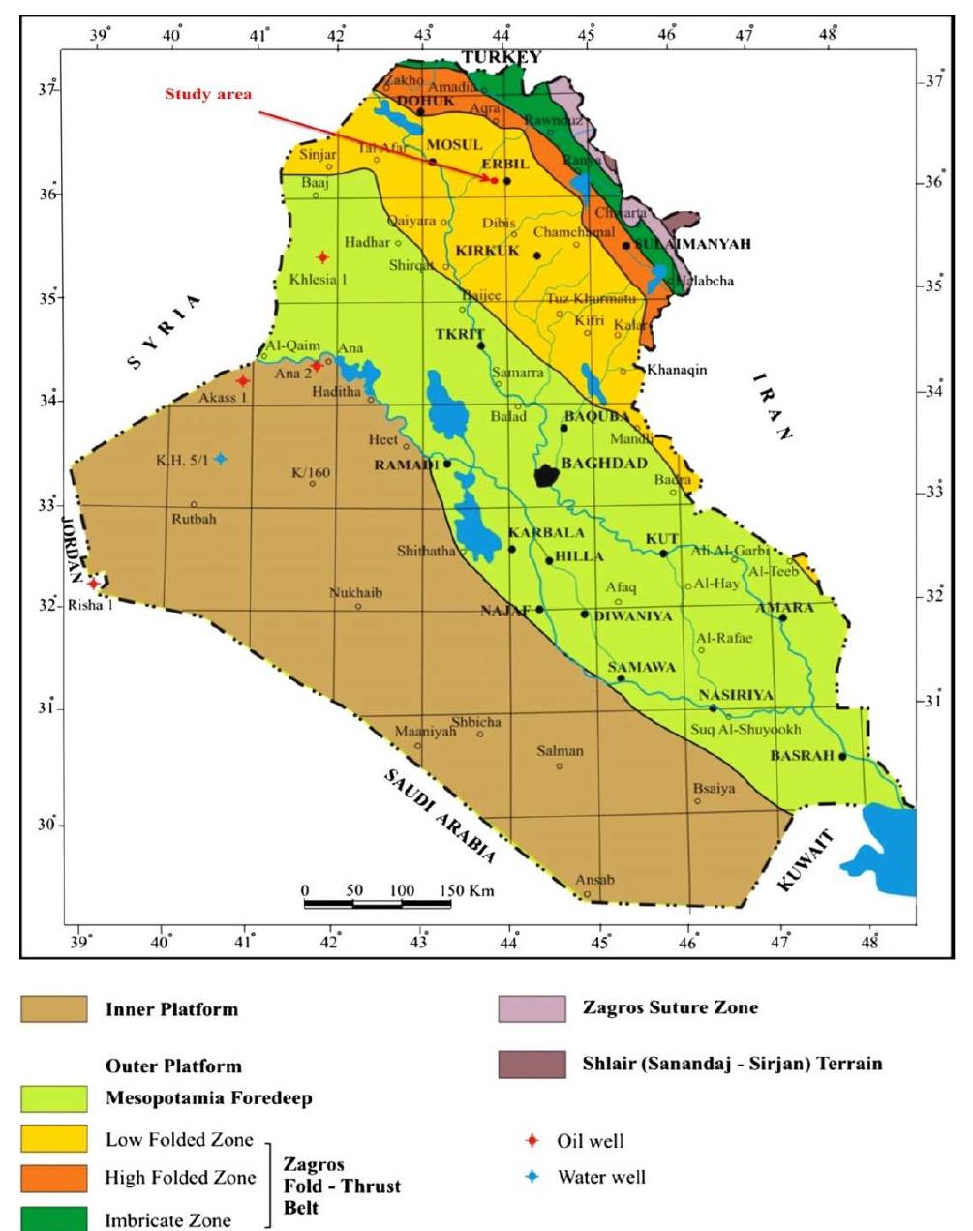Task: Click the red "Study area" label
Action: (208, 95)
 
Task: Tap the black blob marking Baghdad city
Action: (547, 475)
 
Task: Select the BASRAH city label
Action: (802, 755)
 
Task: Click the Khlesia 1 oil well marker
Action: (322, 257)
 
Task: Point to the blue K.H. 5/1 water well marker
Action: (221, 459)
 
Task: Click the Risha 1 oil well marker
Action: (93, 584)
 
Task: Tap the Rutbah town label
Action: (195, 519)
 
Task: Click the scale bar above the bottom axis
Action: (378, 904)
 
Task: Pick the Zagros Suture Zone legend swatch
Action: (532, 1008)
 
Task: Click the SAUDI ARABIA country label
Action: (441, 816)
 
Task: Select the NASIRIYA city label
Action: (736, 695)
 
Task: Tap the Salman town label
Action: (561, 751)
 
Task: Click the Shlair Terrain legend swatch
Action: (532, 1065)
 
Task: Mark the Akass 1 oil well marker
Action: (242, 381)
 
